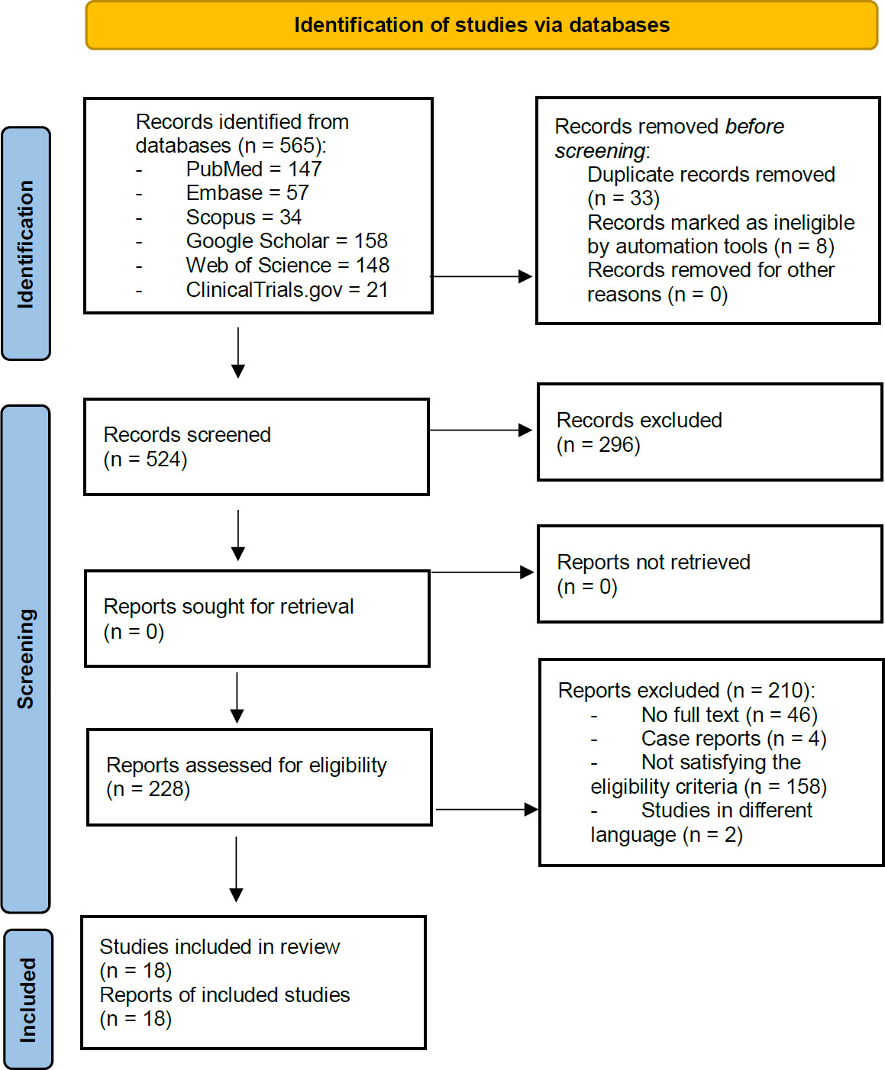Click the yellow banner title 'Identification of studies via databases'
coord(482,25)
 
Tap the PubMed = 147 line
coord(254,169)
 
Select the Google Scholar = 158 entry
coord(286,241)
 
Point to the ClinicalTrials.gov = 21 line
coord(286,290)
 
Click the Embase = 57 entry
coord(247,193)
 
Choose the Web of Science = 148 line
coord(287,266)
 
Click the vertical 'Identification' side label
coord(26,244)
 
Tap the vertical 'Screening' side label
coord(26,659)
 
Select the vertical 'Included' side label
coord(27,1000)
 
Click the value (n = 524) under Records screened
coord(145,459)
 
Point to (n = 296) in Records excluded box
coord(598,445)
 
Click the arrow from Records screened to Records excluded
coord(481,430)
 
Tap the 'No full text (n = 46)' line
coord(728,715)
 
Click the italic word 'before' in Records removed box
coord(754,127)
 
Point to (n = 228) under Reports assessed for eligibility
coord(148,789)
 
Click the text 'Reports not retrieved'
coord(654,562)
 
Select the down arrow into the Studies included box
coord(237,870)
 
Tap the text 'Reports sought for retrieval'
coord(228,607)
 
